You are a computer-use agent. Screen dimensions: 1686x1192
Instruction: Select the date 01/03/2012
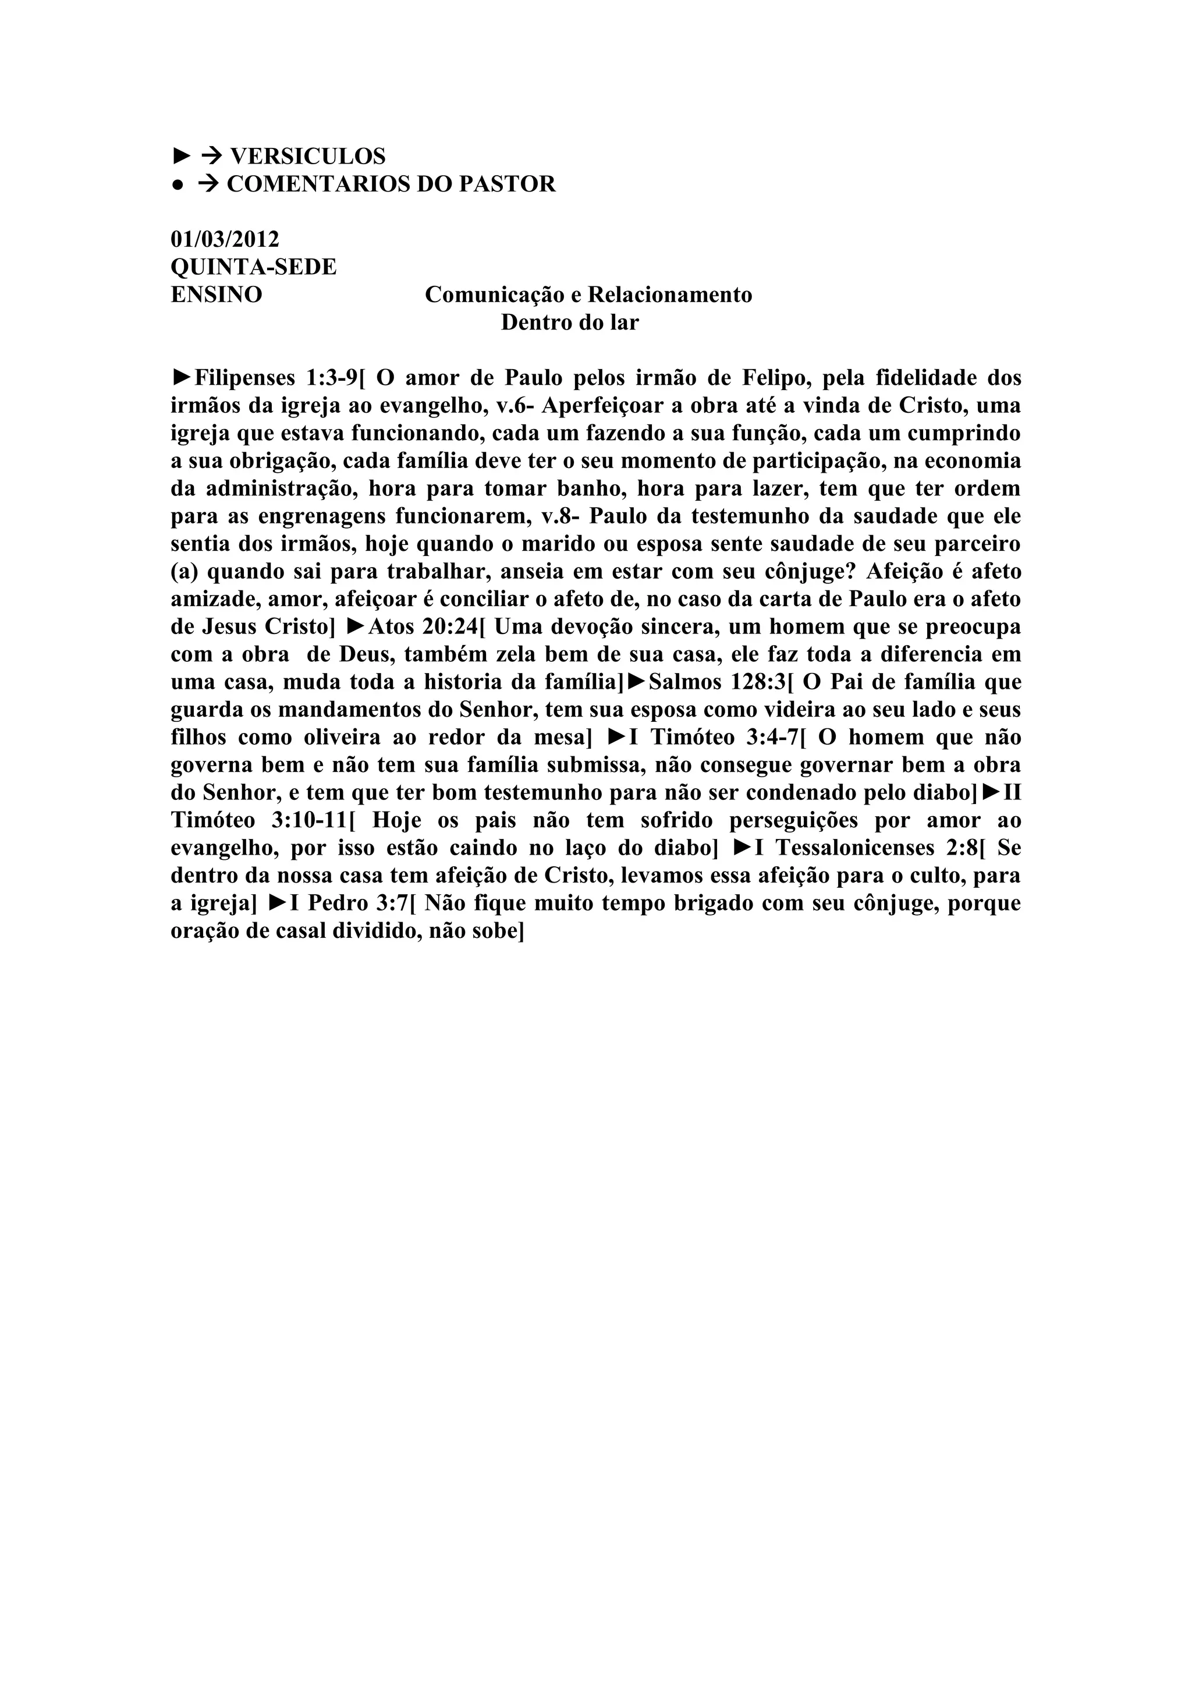(x=225, y=239)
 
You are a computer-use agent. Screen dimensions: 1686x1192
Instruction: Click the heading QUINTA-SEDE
(x=253, y=267)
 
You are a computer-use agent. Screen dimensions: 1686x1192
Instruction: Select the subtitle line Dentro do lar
(x=570, y=323)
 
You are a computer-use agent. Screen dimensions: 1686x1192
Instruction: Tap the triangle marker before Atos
(x=356, y=626)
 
